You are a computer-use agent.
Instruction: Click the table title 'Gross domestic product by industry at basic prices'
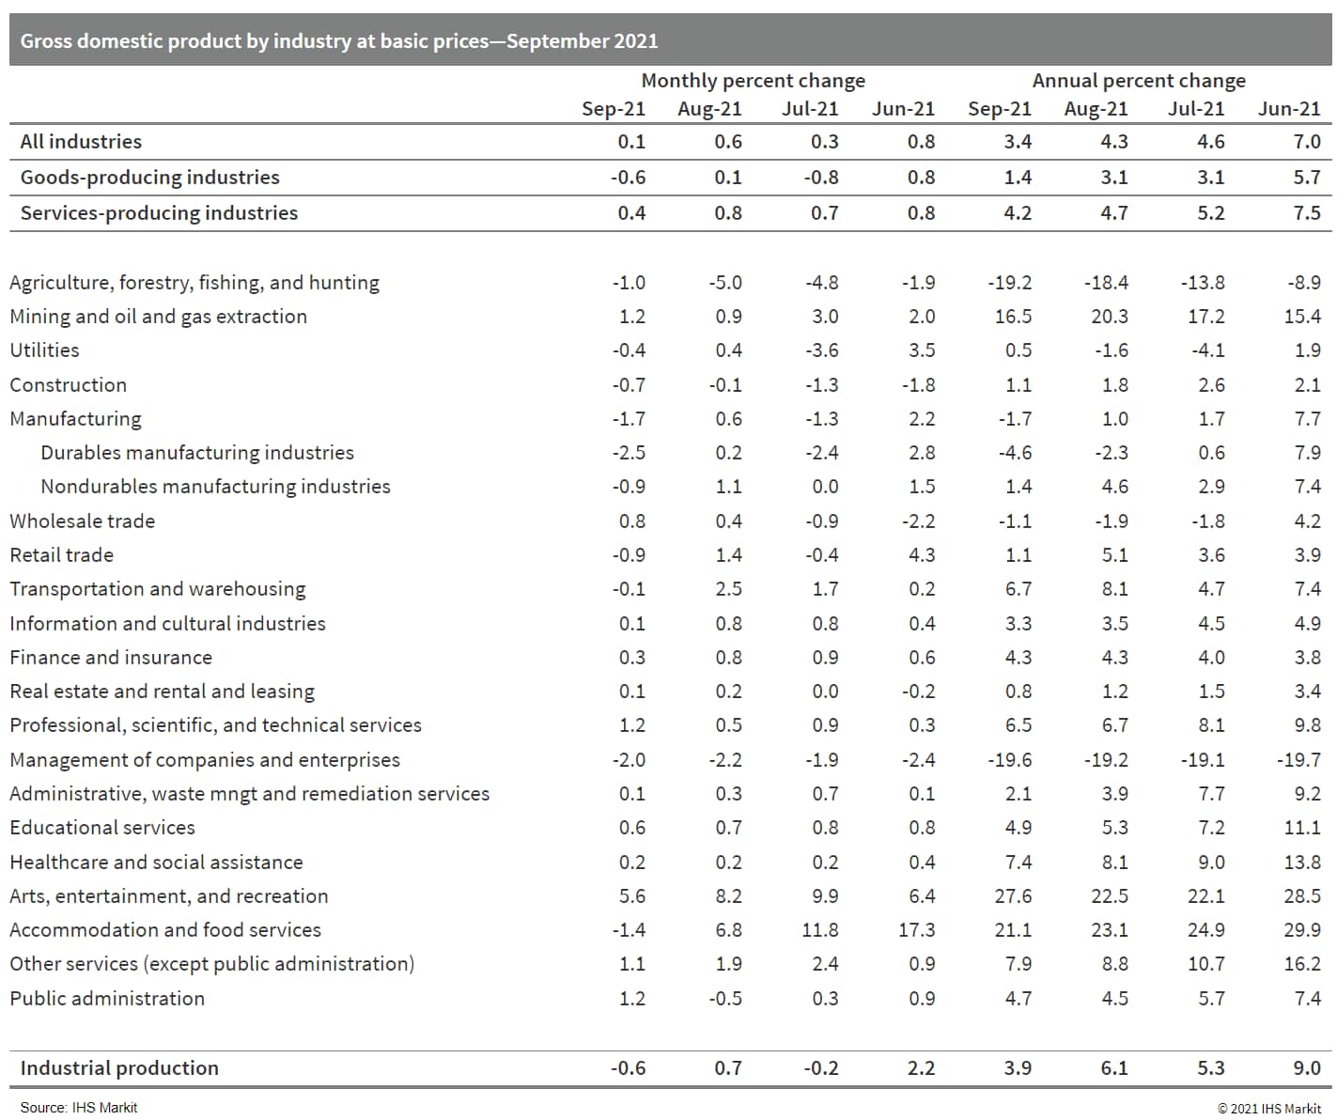pyautogui.click(x=339, y=41)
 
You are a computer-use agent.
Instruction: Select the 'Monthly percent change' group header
pyautogui.click(x=753, y=81)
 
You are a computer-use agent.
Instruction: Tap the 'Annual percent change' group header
pyautogui.click(x=1139, y=81)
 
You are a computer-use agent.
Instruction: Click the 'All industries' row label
pyautogui.click(x=81, y=142)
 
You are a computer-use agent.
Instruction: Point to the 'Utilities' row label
pyautogui.click(x=44, y=350)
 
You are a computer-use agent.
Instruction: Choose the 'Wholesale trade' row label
pyautogui.click(x=82, y=521)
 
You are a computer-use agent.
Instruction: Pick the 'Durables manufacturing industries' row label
pyautogui.click(x=197, y=453)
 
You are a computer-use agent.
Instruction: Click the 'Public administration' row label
pyautogui.click(x=107, y=999)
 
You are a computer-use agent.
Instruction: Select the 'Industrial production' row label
pyautogui.click(x=119, y=1068)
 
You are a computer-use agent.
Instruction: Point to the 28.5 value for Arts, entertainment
pyautogui.click(x=1301, y=896)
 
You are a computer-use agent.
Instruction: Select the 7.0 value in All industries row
pyautogui.click(x=1306, y=142)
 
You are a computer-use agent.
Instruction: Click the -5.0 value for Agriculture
pyautogui.click(x=724, y=283)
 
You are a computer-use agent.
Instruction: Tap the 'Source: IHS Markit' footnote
pyautogui.click(x=79, y=1108)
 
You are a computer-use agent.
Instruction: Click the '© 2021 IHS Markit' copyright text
pyautogui.click(x=1268, y=1108)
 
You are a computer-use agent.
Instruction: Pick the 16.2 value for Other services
pyautogui.click(x=1301, y=964)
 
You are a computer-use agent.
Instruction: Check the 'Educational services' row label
pyautogui.click(x=102, y=828)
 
